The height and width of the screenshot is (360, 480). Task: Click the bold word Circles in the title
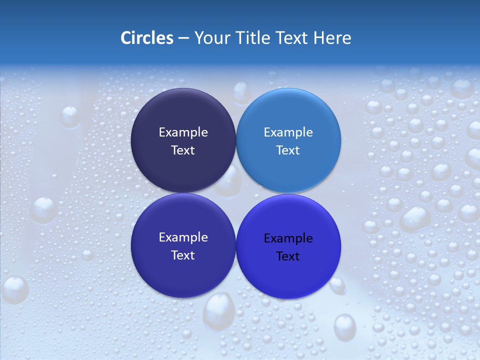[x=147, y=38]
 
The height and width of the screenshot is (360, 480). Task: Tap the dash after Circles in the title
[x=183, y=38]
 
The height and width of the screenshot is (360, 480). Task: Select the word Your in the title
[x=209, y=38]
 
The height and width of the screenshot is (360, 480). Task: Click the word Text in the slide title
[x=291, y=38]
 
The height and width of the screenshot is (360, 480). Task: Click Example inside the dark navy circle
[x=183, y=132]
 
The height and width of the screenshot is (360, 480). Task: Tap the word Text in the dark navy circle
[x=183, y=150]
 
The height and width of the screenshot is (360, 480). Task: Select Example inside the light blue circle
[x=288, y=132]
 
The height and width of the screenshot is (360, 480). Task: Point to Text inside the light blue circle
[x=288, y=150]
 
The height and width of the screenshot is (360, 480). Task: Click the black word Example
[x=288, y=238]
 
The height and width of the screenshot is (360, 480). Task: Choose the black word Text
[x=288, y=256]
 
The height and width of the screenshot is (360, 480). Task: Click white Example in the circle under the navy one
[x=183, y=237]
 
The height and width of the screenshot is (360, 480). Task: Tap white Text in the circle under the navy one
[x=183, y=255]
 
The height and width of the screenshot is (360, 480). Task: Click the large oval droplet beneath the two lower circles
[x=218, y=310]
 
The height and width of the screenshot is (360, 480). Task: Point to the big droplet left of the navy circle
[x=70, y=116]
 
